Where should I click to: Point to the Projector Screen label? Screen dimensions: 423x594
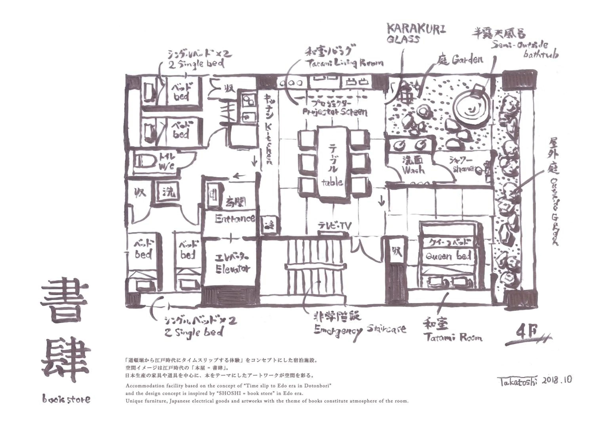tap(335, 112)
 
